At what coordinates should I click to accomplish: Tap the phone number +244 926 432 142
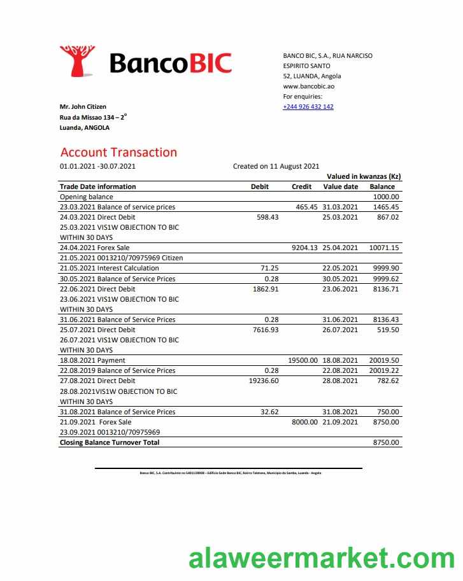tap(308, 107)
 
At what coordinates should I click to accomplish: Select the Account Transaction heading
tap(118, 153)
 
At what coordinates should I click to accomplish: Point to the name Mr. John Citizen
tap(83, 107)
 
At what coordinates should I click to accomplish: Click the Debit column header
tap(260, 187)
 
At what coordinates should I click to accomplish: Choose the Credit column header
tap(301, 187)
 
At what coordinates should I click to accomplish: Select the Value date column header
tap(341, 187)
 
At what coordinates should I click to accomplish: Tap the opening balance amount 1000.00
tap(385, 197)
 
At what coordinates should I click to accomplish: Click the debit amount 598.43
tap(266, 218)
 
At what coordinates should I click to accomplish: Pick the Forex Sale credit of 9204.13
tap(304, 248)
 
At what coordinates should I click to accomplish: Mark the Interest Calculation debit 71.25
tap(270, 269)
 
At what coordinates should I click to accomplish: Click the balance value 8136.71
tap(385, 289)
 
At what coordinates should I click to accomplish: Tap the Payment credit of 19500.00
tap(303, 360)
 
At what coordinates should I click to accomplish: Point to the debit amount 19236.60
tap(263, 381)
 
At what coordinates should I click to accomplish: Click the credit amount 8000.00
tap(304, 422)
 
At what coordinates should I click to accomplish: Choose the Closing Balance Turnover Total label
tap(110, 442)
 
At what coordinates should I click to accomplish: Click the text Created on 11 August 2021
tap(276, 167)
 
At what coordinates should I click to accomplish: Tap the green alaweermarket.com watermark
tap(321, 559)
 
